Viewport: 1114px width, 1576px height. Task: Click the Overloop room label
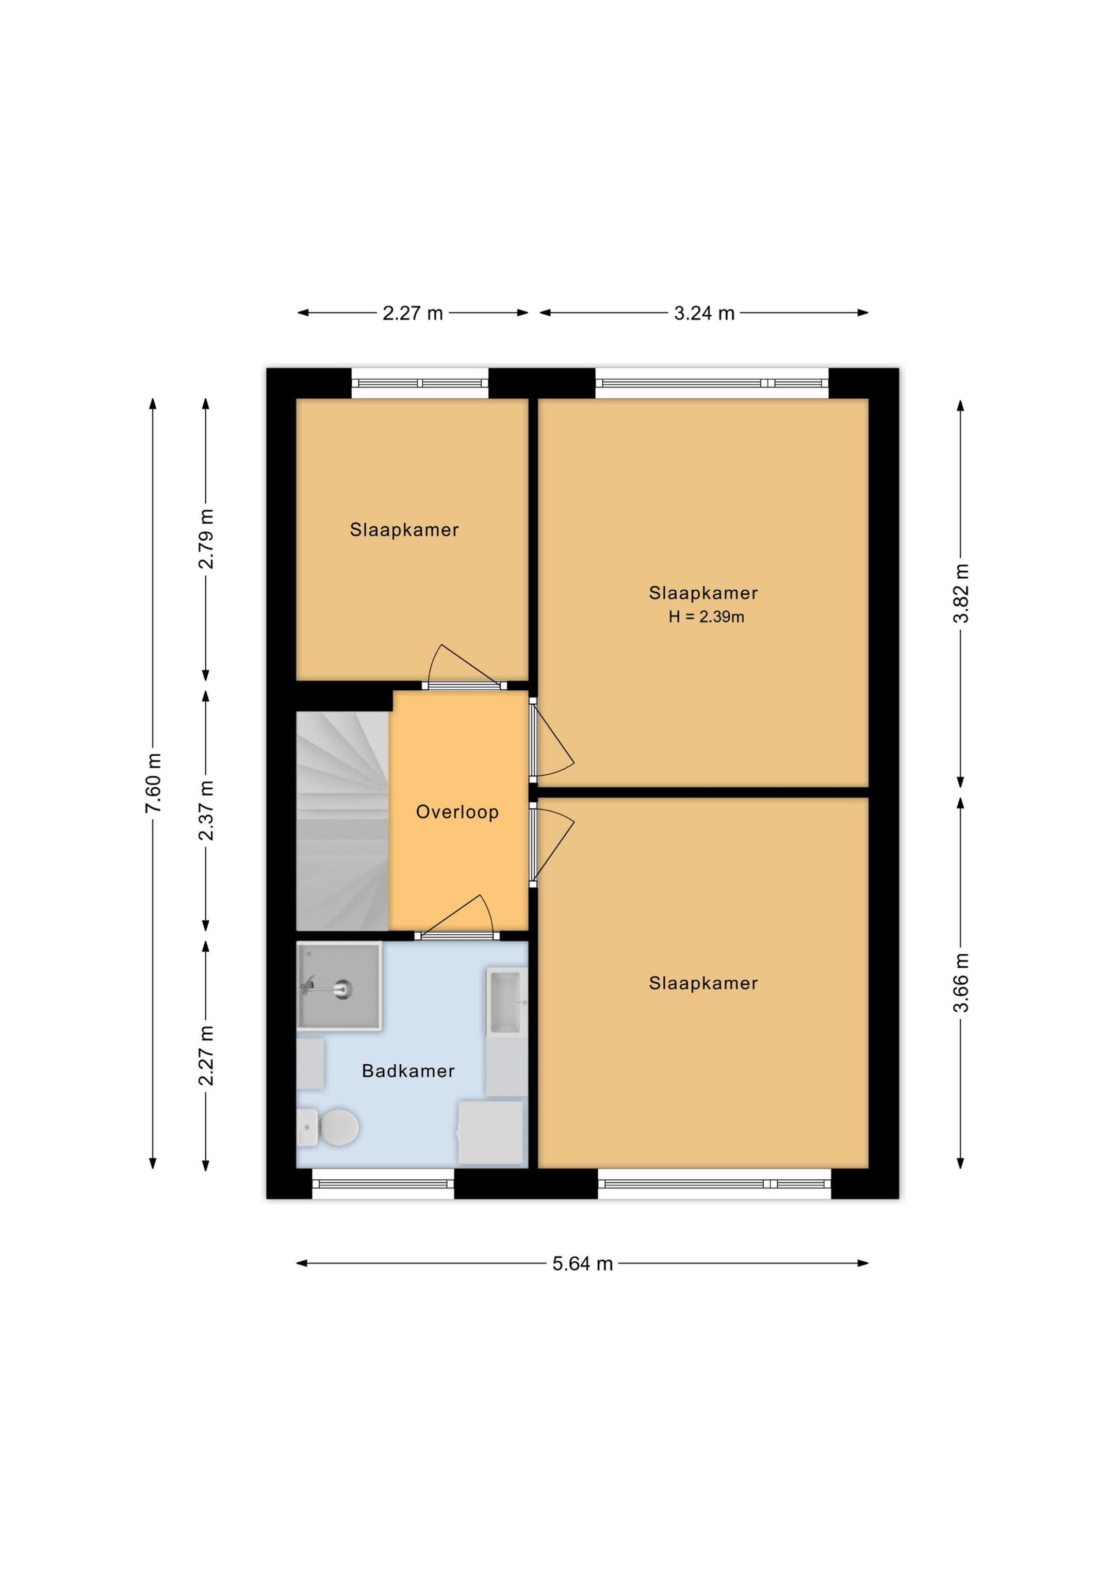(457, 812)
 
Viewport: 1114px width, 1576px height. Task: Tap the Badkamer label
(408, 1071)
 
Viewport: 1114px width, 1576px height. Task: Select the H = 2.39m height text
(706, 616)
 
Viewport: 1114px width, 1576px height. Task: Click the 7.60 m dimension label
(154, 783)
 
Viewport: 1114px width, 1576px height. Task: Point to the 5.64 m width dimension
(583, 1264)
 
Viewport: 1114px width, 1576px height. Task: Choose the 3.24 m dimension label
(704, 314)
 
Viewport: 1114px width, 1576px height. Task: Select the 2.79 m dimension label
(206, 539)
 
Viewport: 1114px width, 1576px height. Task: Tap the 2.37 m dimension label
(206, 810)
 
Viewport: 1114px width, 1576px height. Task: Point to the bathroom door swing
(457, 916)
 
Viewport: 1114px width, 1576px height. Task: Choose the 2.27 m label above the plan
(413, 314)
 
